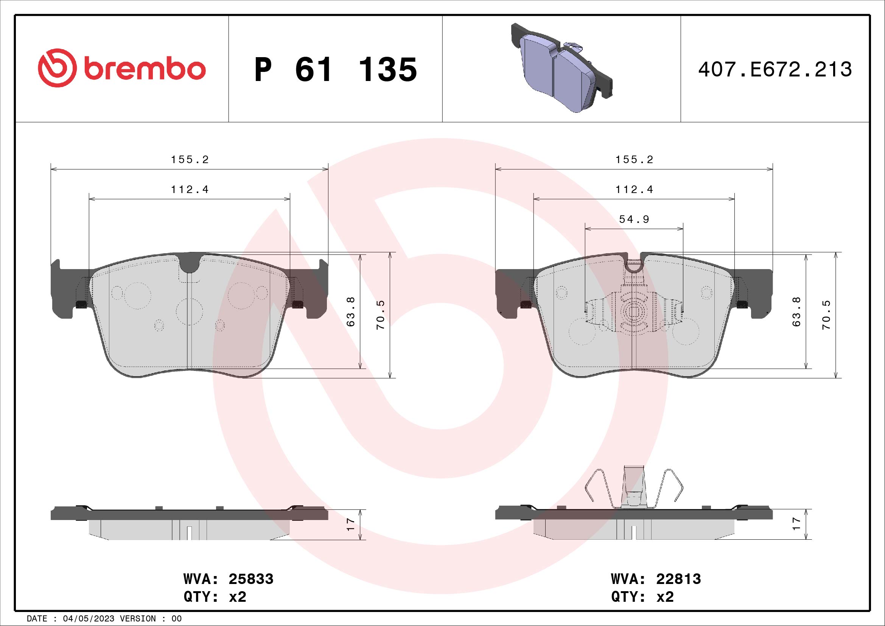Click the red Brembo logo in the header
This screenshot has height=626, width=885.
(121, 68)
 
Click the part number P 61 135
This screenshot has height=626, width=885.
(335, 70)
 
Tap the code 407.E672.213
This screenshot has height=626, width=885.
(775, 70)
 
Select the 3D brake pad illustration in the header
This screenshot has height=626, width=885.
(561, 68)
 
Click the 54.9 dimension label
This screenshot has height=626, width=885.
(634, 220)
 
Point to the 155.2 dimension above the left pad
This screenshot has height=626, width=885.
(190, 160)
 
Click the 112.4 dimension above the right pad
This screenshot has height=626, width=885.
(634, 190)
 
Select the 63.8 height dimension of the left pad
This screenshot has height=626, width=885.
(351, 311)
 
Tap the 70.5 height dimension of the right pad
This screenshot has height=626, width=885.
(826, 315)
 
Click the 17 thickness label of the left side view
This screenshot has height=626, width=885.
(351, 524)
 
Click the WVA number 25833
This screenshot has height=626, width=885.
(251, 579)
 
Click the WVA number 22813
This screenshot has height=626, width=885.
(678, 579)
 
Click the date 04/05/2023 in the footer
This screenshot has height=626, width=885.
(88, 619)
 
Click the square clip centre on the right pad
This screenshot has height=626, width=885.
(634, 310)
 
